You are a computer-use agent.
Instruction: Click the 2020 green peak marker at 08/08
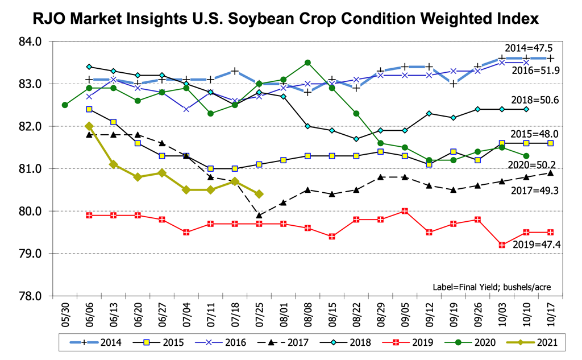click(307, 63)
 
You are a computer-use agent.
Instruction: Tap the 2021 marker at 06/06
click(89, 126)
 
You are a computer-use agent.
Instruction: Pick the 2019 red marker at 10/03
click(502, 245)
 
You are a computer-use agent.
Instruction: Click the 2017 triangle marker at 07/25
click(259, 216)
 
